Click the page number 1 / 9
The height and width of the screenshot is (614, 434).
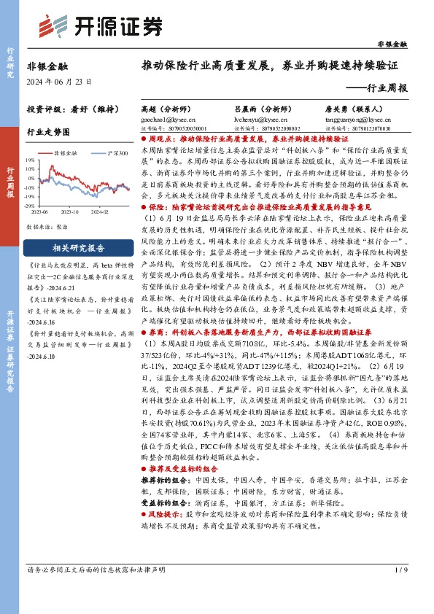point(400,589)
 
